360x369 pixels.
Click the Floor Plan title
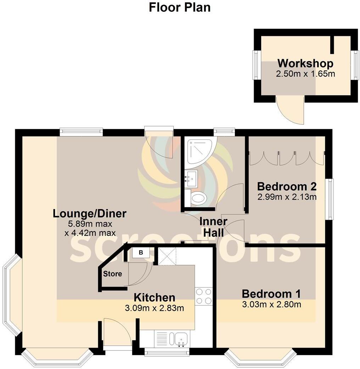[x=180, y=7]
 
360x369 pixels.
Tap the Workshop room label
[x=305, y=63]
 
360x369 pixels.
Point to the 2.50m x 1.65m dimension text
[x=305, y=74]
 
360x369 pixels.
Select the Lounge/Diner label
[x=89, y=214]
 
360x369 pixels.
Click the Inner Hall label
[x=213, y=227]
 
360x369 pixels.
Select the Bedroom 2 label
[x=286, y=186]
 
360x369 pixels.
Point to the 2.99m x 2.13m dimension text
[x=286, y=197]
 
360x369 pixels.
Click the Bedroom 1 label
[x=271, y=293]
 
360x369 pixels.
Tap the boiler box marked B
[x=140, y=253]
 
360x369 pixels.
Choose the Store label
[x=112, y=274]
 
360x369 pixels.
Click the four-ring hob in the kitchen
[x=204, y=296]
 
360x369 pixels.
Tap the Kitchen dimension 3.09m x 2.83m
[x=154, y=308]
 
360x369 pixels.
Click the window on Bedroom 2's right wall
[x=330, y=199]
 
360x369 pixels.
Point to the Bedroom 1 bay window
[x=260, y=359]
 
